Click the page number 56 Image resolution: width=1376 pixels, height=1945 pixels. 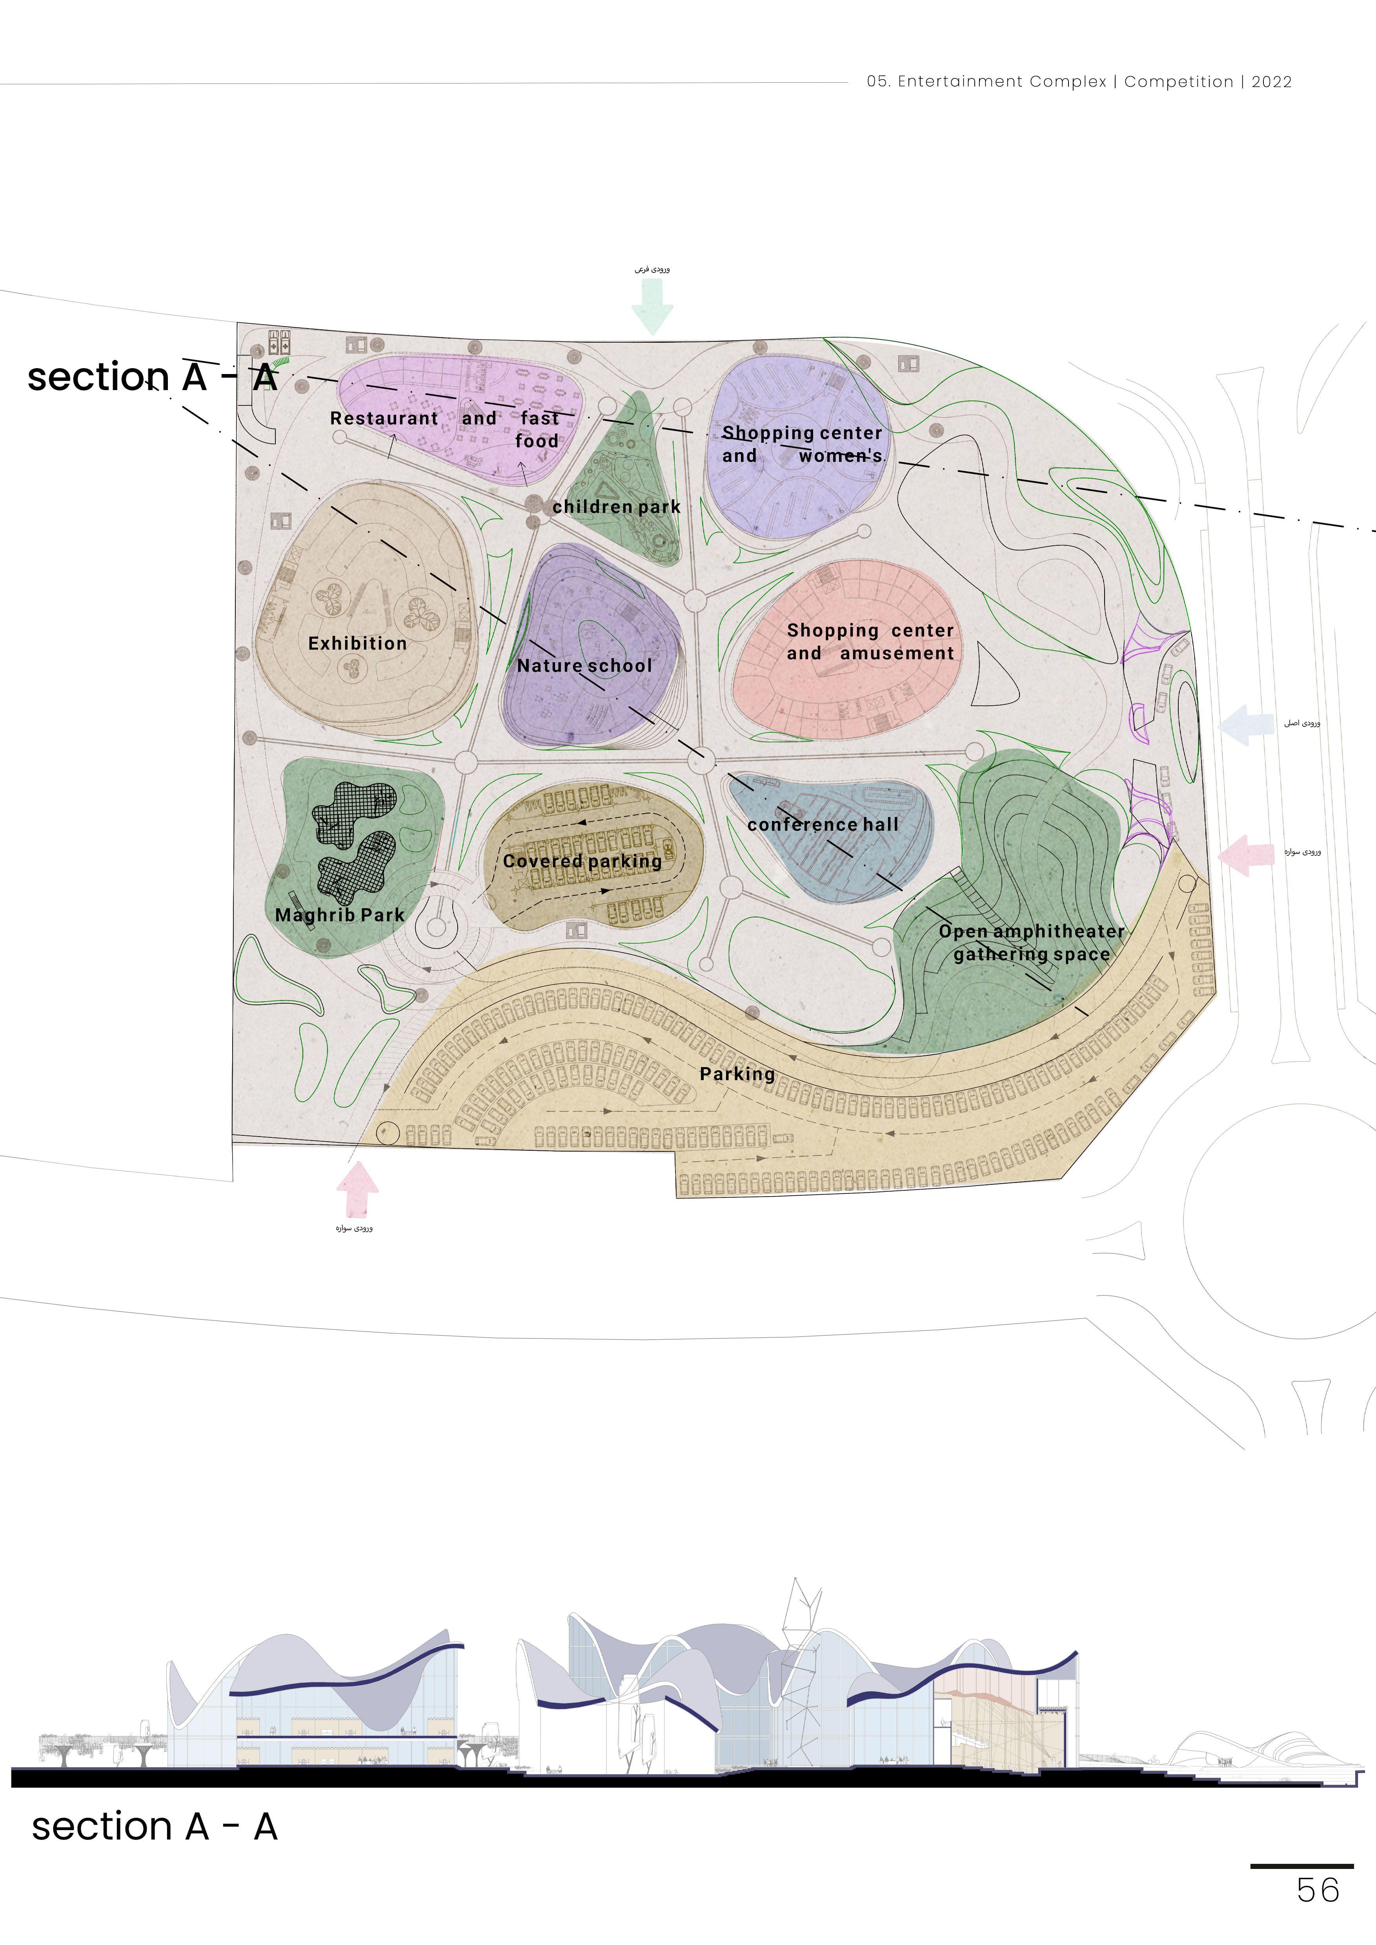(x=1318, y=1890)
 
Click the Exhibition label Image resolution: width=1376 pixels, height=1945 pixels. (x=358, y=644)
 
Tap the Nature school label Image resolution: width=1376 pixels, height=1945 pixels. (x=584, y=666)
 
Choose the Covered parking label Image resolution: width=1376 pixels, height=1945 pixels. (x=582, y=861)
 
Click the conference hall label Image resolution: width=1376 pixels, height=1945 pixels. (x=823, y=824)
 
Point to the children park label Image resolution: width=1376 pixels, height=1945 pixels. (x=617, y=507)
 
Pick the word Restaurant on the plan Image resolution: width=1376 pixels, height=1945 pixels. (x=384, y=418)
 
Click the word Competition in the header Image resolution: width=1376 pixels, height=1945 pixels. (x=1179, y=82)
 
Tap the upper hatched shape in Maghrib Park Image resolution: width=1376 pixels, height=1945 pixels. (x=354, y=813)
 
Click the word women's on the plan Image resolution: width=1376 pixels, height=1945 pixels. (x=841, y=456)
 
